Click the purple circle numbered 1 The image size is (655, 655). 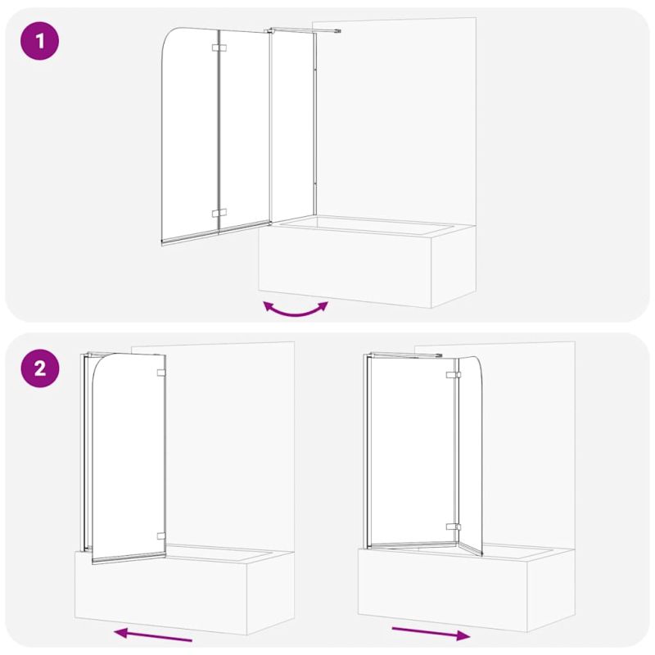coord(39,41)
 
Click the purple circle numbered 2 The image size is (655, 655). coord(39,368)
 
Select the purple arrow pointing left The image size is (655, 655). coord(153,635)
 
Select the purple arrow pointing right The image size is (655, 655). coord(431,634)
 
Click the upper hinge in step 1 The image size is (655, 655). coord(219,47)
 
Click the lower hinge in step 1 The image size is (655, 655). coord(219,213)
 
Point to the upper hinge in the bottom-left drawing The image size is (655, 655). coord(161,373)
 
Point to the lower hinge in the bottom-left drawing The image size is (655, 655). coord(161,536)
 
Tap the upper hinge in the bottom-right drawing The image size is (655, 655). coord(454,375)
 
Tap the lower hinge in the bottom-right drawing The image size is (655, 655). coord(454,526)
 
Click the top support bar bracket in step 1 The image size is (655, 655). coord(304,30)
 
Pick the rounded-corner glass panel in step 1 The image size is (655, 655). coord(190,136)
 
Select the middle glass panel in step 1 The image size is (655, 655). coord(244,130)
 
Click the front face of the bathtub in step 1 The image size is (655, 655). coord(345,268)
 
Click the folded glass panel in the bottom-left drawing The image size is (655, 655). coord(129,458)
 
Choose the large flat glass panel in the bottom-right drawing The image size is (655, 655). coord(413,451)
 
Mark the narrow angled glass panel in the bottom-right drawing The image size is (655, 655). coord(470,455)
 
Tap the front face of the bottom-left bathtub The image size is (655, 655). coord(161,593)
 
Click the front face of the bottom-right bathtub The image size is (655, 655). coord(443,589)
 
